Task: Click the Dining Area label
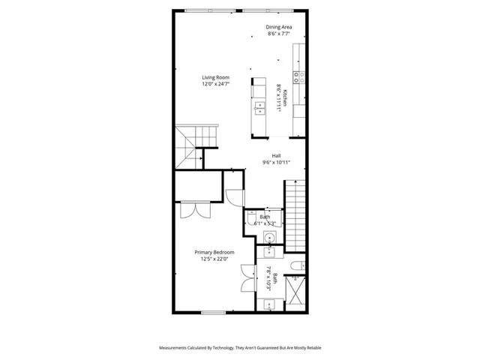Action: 280,27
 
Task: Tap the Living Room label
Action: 215,77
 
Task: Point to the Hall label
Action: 276,156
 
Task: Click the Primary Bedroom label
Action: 214,252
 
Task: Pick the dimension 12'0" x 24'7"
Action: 215,85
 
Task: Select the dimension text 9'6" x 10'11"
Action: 276,163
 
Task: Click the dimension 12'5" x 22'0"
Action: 215,259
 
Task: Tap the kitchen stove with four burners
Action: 298,76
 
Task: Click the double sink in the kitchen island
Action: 259,108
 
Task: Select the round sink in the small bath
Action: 270,238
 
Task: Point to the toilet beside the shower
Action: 298,263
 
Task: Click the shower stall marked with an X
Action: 298,293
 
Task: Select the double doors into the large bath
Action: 248,279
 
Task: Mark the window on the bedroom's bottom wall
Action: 213,312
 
